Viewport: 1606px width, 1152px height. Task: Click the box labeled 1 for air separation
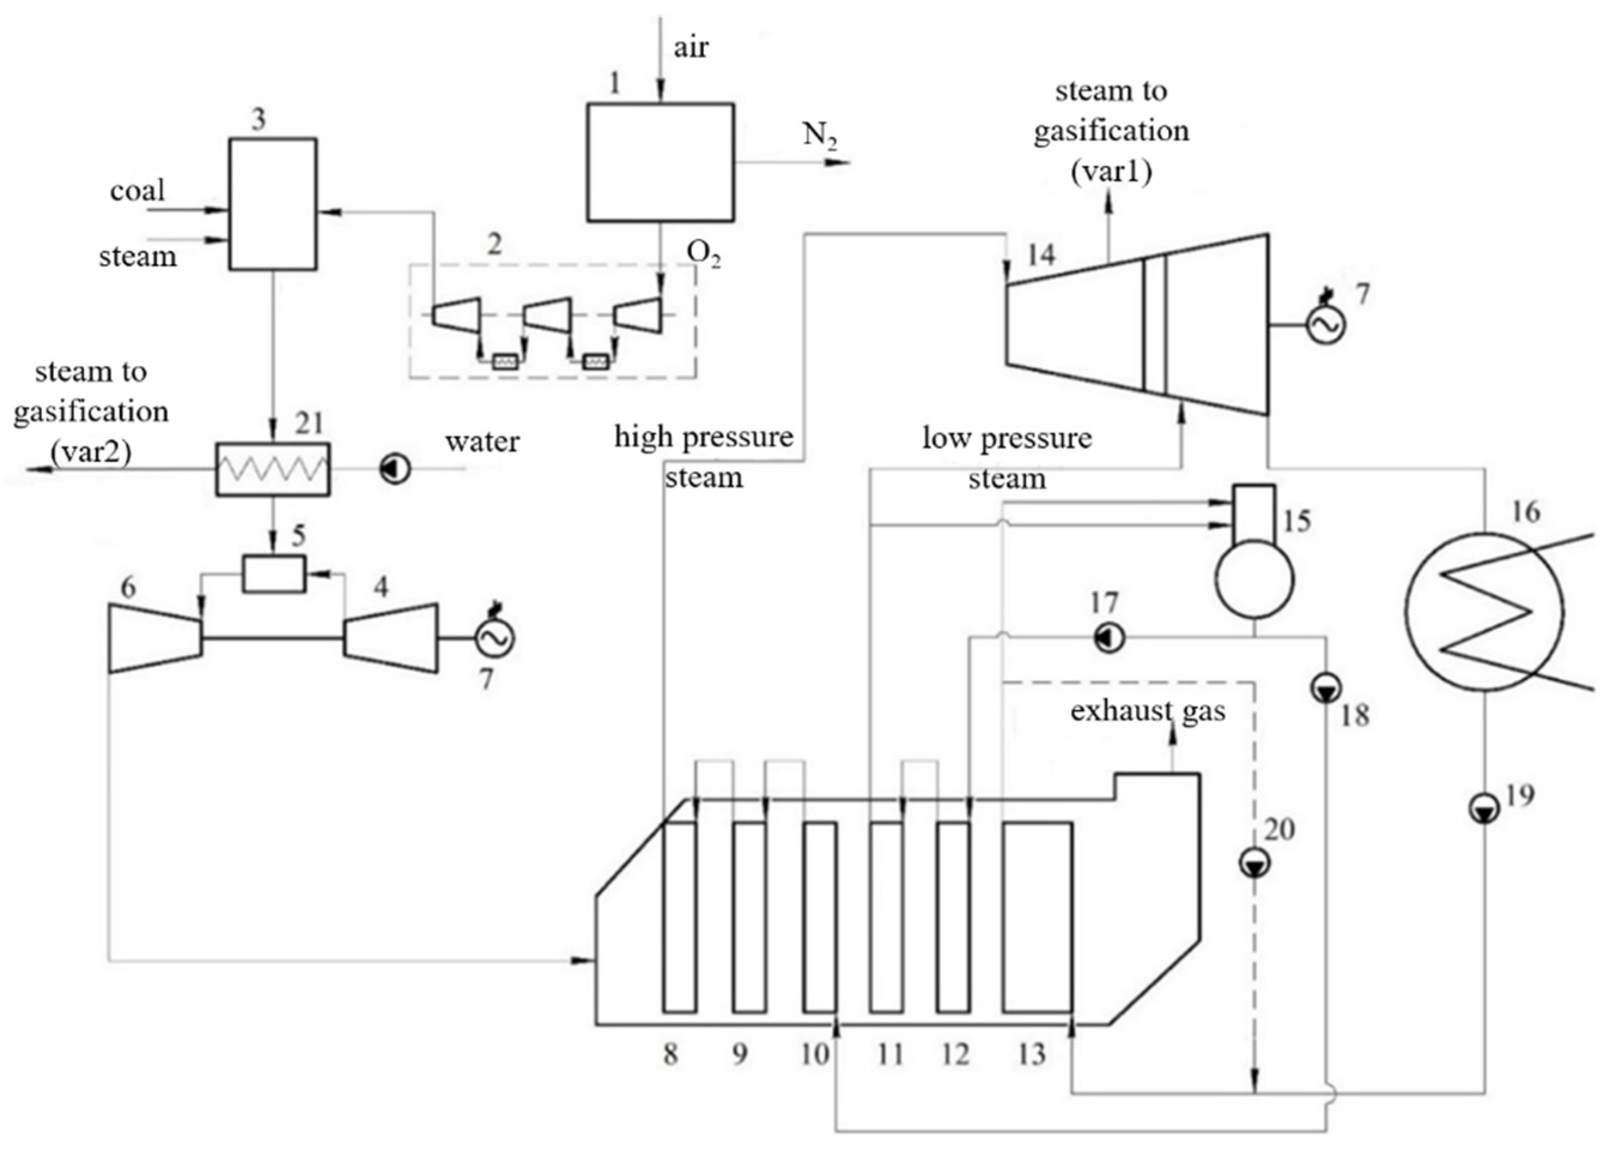(660, 162)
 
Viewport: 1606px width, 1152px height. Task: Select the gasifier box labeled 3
(273, 204)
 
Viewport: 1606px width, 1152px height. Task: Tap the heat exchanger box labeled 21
(273, 469)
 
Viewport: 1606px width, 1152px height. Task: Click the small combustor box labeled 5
(274, 574)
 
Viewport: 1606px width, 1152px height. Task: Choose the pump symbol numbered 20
(1254, 863)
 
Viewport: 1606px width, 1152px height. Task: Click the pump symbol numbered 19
(1484, 809)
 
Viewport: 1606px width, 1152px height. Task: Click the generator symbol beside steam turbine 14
(1325, 325)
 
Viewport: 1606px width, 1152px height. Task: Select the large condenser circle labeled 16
(1484, 611)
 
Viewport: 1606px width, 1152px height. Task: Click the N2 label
(819, 135)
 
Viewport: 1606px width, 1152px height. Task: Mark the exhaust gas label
(1147, 711)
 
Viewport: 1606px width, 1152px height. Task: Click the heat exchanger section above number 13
(1038, 917)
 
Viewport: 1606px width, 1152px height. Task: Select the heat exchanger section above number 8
(679, 917)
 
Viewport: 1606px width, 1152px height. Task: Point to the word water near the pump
(482, 441)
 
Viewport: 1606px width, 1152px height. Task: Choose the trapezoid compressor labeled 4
(391, 638)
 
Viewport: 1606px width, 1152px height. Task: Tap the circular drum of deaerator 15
(1254, 580)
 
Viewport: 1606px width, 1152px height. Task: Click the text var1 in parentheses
(1111, 171)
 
